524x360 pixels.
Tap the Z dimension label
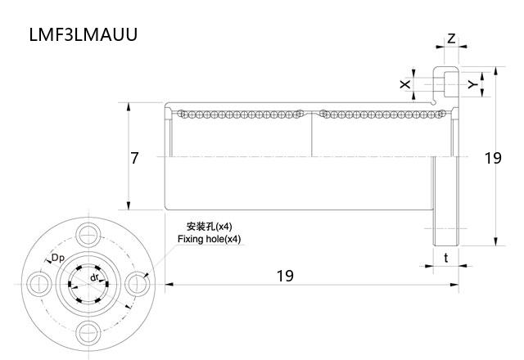(451, 38)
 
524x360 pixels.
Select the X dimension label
(404, 84)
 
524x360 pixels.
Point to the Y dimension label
(472, 84)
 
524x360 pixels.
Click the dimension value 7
(135, 158)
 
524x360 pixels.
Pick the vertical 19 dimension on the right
(492, 158)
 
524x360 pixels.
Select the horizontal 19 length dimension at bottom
(284, 276)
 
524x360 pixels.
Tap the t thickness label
(445, 257)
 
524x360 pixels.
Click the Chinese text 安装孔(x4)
(209, 226)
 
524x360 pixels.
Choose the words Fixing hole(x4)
(209, 239)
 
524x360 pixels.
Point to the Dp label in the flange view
(58, 259)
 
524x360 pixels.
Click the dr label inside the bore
(95, 277)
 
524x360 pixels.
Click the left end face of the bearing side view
(166, 157)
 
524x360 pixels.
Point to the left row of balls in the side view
(237, 114)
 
